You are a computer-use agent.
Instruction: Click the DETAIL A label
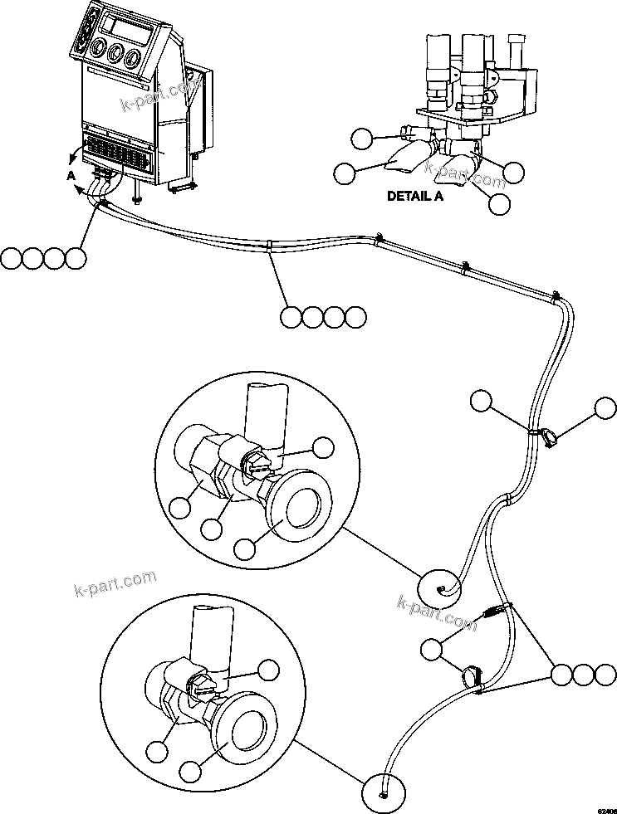tap(415, 197)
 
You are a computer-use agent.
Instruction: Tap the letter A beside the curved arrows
tap(71, 175)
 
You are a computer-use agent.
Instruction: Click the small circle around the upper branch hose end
tap(439, 590)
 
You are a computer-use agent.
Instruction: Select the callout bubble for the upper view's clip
tap(325, 449)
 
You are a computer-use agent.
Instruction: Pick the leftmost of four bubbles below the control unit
tap(12, 258)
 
